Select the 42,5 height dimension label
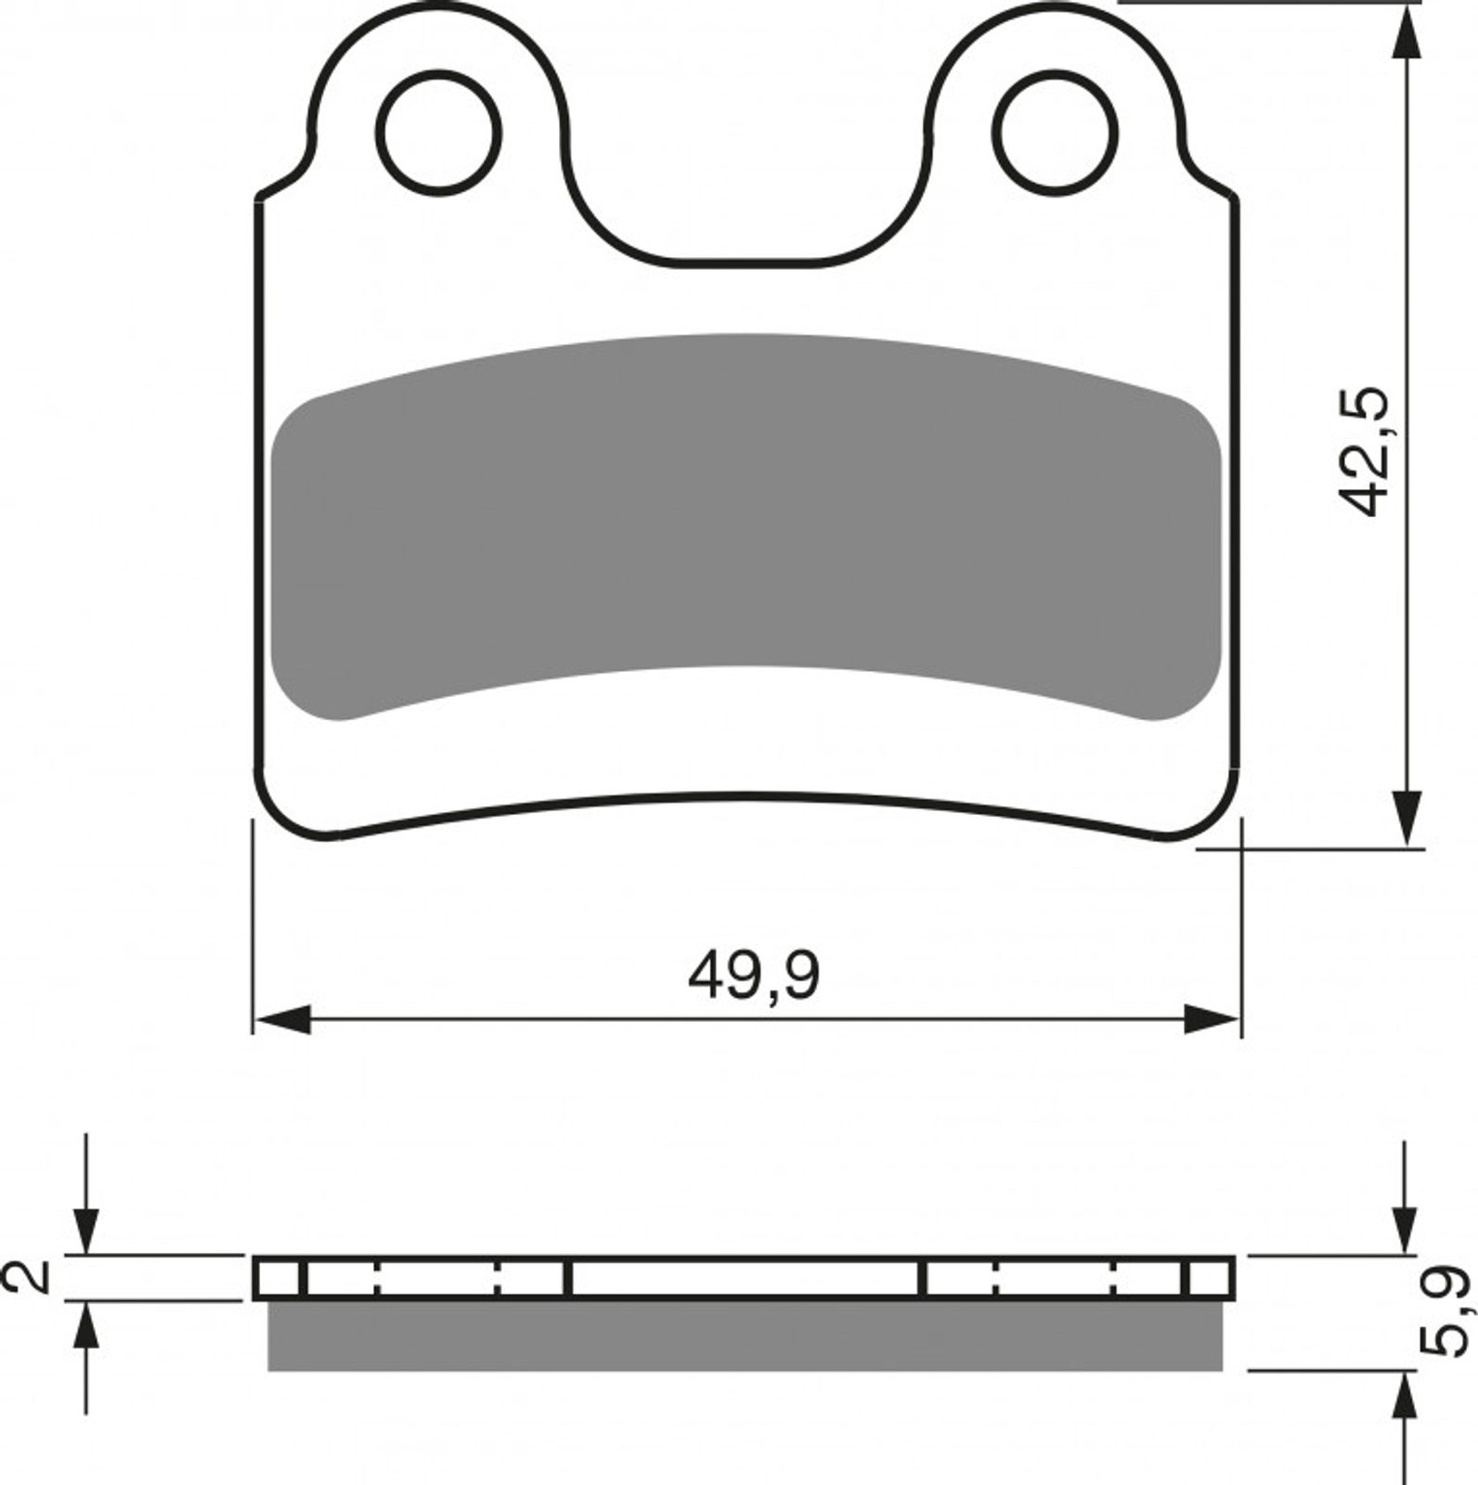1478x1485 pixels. pyautogui.click(x=1365, y=451)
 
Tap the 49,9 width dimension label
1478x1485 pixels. pyautogui.click(x=754, y=975)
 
